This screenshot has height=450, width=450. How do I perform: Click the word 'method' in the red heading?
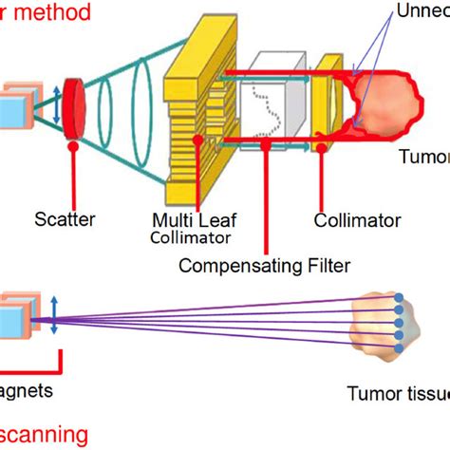[x=56, y=12]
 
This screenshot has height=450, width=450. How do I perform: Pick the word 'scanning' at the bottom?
[x=47, y=436]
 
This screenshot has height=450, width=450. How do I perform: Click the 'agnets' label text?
[x=27, y=390]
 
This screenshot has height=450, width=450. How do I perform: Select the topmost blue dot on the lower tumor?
[x=400, y=298]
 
